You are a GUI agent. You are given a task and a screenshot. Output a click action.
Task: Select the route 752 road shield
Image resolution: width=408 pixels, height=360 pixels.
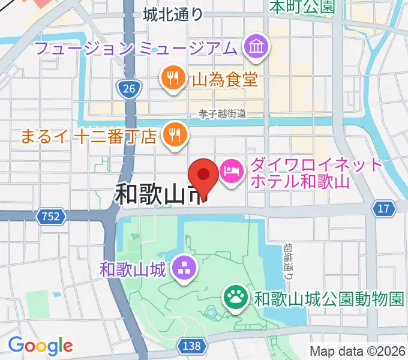51,216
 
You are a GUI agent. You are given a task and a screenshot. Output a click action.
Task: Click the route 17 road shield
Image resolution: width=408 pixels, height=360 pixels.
384,208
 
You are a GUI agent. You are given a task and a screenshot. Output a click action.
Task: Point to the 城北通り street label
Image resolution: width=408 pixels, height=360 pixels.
173,15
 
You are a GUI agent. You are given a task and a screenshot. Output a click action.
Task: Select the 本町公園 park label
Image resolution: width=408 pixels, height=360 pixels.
301,7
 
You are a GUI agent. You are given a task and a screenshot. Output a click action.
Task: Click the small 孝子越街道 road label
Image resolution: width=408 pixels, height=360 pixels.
223,113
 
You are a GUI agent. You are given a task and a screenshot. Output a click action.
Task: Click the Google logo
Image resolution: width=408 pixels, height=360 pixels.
40,346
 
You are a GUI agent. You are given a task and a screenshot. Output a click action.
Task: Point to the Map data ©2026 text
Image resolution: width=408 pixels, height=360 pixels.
358,351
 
